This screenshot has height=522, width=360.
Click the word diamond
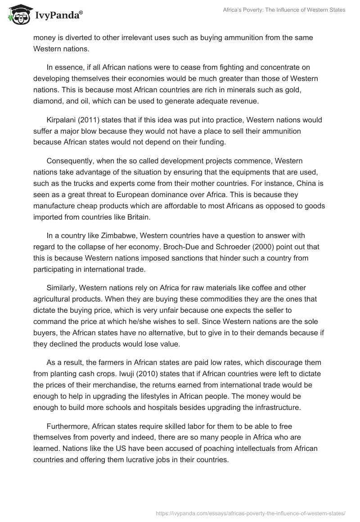coord(47,101)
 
